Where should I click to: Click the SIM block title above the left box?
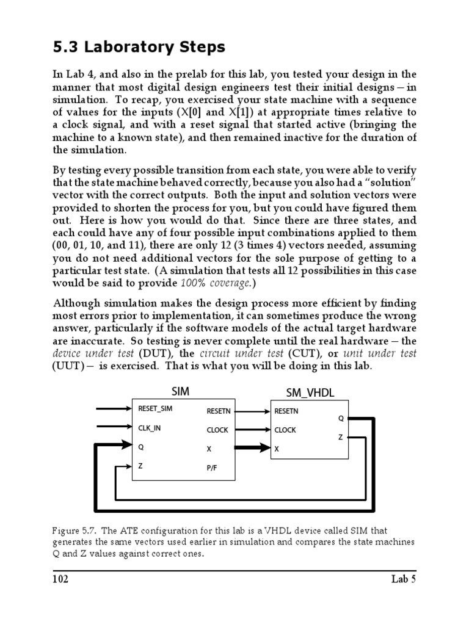point(181,392)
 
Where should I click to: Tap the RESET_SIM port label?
point(156,409)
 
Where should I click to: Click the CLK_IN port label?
point(150,428)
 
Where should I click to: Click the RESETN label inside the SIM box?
point(218,411)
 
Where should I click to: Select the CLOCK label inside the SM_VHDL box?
point(285,430)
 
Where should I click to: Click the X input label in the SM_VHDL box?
point(277,449)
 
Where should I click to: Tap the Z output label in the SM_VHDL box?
point(340,437)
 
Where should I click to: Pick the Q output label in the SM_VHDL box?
point(341,419)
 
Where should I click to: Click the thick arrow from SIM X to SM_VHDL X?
point(250,449)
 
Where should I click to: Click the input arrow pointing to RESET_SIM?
point(114,409)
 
